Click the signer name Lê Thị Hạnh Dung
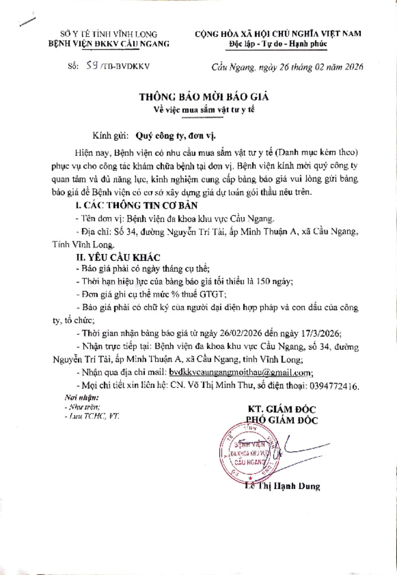(283, 486)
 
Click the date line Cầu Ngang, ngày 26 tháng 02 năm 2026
(287, 66)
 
